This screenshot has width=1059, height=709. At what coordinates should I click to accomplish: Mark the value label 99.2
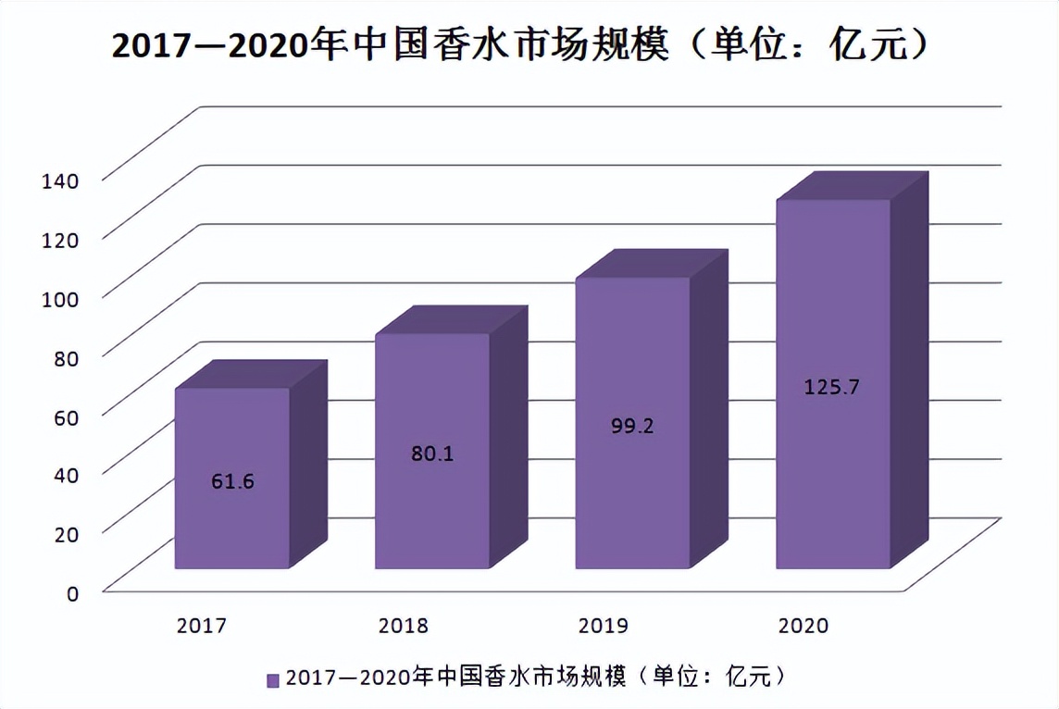[631, 427]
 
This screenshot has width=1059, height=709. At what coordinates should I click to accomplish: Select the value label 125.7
[831, 388]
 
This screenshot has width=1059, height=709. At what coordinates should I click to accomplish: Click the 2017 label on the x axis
[202, 626]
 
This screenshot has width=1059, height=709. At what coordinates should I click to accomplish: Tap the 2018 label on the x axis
[403, 626]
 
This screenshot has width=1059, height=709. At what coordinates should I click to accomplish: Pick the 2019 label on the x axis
[603, 626]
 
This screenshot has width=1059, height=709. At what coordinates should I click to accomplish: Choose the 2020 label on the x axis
[803, 626]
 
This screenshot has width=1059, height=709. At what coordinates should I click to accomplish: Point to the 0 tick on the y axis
[72, 593]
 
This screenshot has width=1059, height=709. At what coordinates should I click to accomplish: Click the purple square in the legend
[273, 680]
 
